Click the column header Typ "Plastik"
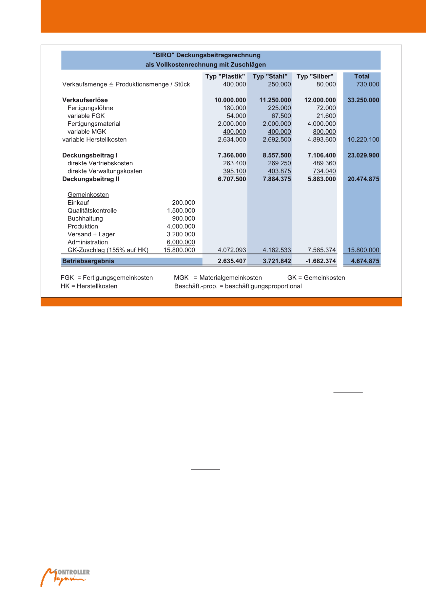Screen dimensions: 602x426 coord(225,76)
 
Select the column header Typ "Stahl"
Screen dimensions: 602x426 coord(270,76)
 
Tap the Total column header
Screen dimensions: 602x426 coord(362,76)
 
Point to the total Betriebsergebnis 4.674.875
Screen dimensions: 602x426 coord(365,261)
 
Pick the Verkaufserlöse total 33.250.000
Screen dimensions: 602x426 coord(363,100)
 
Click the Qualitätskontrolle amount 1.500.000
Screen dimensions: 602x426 coord(181,211)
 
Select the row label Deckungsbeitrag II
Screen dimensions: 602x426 coord(91,179)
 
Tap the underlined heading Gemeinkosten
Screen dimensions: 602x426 coord(88,195)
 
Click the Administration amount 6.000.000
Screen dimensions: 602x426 coord(181,242)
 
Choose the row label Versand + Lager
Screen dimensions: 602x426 coord(91,234)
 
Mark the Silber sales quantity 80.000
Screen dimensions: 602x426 coord(326,84)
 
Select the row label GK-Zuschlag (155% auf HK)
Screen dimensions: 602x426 coord(108,250)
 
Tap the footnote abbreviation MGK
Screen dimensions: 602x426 coord(181,278)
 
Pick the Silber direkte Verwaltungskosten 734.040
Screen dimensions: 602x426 coord(324,171)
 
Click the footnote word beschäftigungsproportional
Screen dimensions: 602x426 coord(263,286)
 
